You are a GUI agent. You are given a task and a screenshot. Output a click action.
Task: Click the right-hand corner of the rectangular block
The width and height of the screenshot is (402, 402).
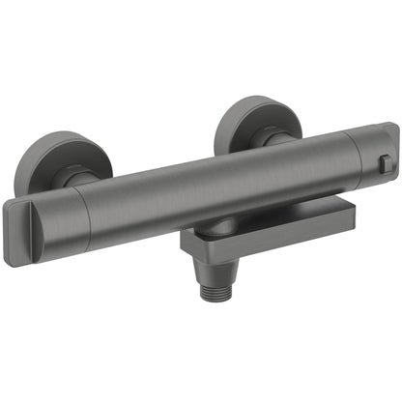point(364,220)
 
